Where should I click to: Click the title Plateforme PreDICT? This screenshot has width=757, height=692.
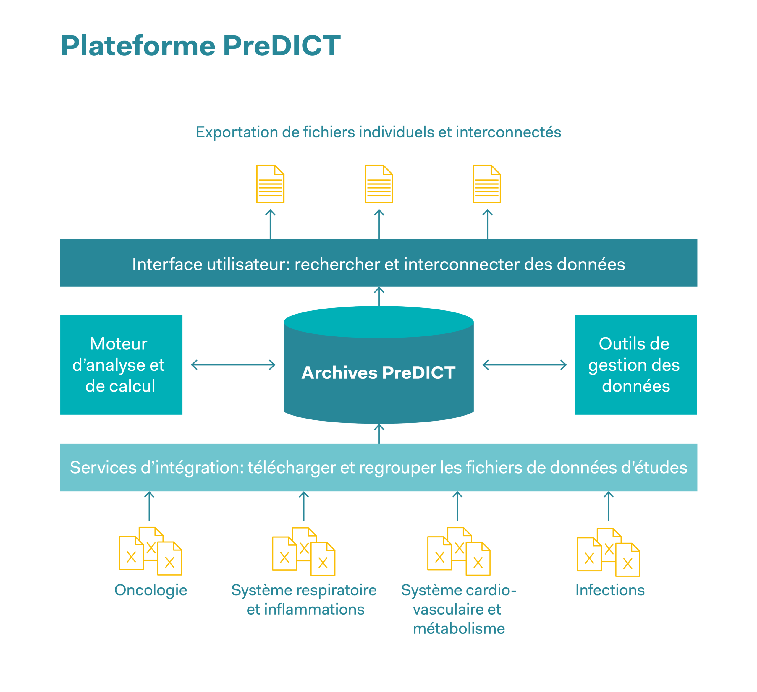click(201, 46)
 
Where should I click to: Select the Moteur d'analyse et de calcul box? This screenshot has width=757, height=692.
click(121, 365)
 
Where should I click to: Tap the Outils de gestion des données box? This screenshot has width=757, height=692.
click(635, 365)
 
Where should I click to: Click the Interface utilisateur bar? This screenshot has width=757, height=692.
click(378, 263)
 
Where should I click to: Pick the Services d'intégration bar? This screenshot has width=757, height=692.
click(378, 467)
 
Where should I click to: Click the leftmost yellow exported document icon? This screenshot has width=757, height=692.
click(270, 184)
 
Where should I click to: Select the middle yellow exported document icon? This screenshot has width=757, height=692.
click(379, 184)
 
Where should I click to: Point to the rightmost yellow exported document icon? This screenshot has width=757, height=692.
click(487, 184)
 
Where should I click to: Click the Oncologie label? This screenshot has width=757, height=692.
click(151, 590)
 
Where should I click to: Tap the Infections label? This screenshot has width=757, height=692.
click(610, 590)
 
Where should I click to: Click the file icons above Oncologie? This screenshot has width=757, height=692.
click(150, 551)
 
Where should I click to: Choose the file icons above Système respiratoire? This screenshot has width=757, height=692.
click(303, 551)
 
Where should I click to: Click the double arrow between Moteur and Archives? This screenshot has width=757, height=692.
click(233, 365)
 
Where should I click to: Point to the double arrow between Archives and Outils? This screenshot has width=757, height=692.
click(525, 365)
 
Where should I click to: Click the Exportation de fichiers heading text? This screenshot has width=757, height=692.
click(378, 132)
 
